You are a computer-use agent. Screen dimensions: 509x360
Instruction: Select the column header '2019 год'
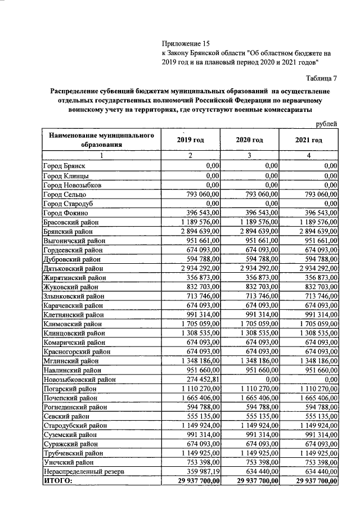[x=191, y=139]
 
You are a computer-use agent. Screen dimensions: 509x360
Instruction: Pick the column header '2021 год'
[x=309, y=139]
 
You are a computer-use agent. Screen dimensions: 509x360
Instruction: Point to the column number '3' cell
[x=249, y=156]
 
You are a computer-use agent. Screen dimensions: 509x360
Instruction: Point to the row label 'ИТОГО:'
[x=58, y=481]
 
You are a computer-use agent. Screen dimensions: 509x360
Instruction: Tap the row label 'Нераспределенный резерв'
[x=80, y=471]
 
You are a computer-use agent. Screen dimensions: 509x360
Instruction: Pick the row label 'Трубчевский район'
[x=73, y=453]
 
